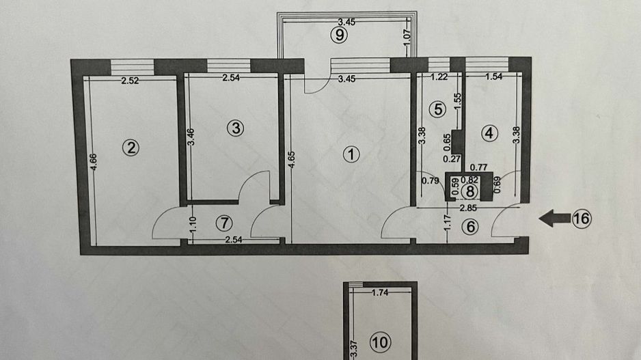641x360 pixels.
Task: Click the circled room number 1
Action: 351,154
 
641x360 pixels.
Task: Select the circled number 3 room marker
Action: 235,127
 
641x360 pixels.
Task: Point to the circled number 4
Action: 488,133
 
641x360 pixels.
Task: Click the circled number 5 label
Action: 438,109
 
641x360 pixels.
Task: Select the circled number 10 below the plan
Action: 379,341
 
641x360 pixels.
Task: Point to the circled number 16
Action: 581,219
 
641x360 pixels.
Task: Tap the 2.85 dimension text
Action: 468,208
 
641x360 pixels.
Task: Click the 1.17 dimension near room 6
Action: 447,225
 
